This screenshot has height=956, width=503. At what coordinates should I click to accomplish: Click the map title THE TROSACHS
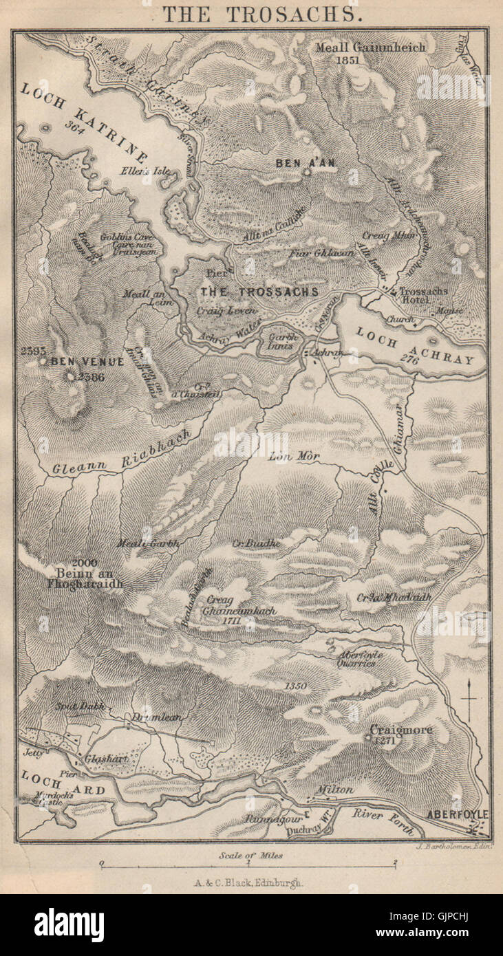(x=251, y=14)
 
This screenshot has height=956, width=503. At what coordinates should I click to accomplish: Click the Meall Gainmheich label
(x=370, y=47)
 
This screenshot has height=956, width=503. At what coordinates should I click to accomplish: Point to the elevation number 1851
(x=349, y=60)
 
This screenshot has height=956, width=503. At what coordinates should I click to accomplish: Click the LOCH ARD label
(x=63, y=784)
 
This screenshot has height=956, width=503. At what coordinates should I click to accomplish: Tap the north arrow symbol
(x=469, y=698)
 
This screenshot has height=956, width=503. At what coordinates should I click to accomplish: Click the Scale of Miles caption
(x=251, y=855)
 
